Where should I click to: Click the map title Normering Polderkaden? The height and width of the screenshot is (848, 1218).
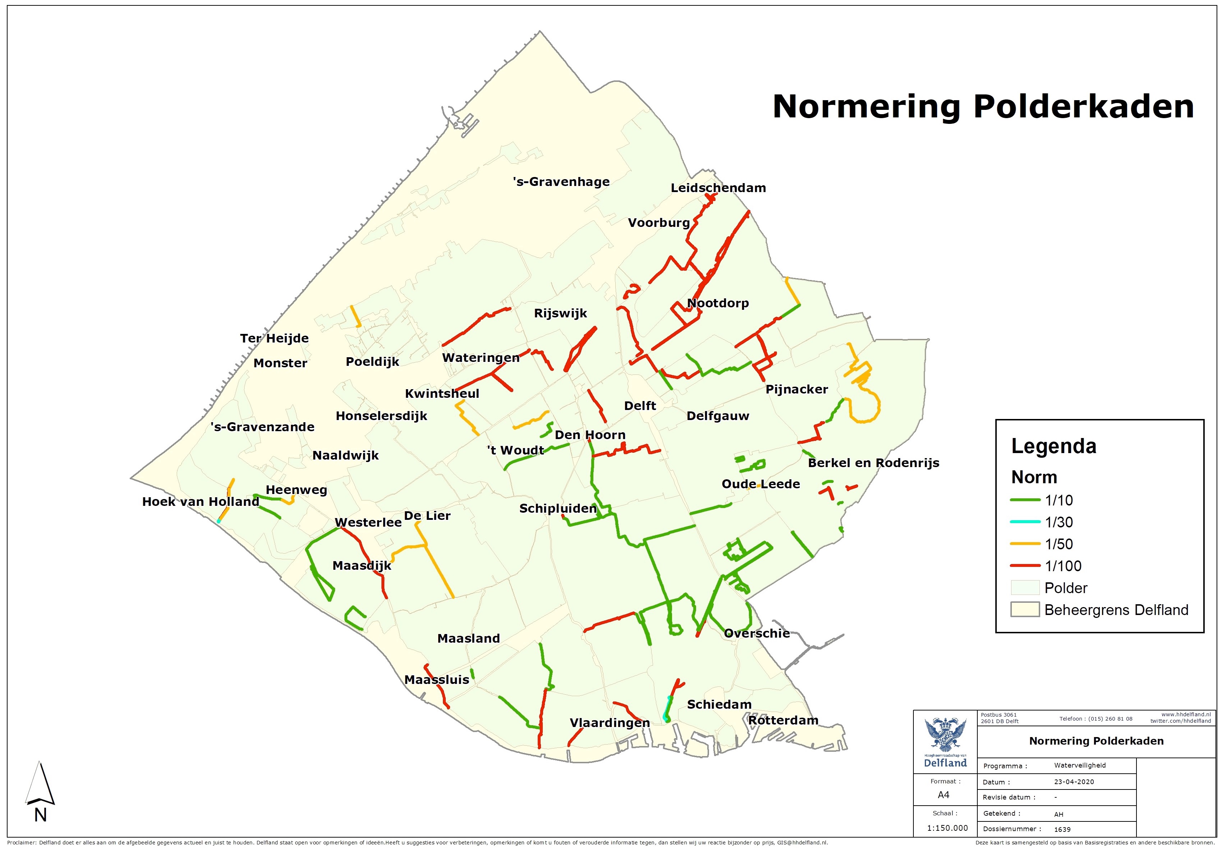(983, 107)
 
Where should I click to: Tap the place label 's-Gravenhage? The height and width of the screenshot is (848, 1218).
(561, 182)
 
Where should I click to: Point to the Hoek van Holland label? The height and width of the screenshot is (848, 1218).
(200, 502)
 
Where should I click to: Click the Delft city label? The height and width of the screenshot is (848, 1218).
(640, 406)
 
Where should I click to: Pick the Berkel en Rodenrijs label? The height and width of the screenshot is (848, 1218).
(873, 463)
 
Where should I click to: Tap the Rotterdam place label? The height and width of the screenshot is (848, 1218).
(783, 720)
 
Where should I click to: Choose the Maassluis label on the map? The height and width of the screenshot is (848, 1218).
(437, 680)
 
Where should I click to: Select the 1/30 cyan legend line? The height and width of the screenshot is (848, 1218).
(1025, 522)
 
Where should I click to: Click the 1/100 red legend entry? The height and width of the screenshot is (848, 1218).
(1025, 566)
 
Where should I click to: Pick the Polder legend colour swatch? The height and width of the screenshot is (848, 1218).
(1024, 588)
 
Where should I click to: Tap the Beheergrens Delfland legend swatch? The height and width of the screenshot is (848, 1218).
(1024, 610)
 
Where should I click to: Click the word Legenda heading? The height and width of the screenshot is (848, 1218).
(1053, 446)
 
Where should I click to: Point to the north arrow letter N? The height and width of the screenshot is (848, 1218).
(40, 815)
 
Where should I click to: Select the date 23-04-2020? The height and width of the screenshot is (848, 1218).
(1074, 782)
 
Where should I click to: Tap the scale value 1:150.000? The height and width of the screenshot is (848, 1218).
(947, 828)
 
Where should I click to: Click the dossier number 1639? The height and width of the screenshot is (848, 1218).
(1062, 829)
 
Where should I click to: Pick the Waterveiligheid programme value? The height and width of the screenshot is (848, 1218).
(1080, 765)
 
